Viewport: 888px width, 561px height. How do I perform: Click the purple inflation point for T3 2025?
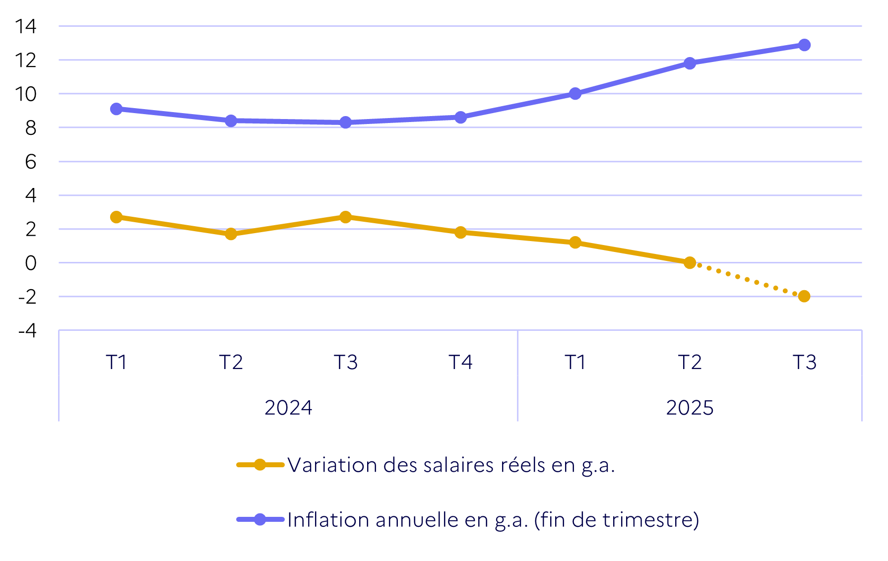[804, 45]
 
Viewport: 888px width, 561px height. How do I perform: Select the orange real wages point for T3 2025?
[804, 296]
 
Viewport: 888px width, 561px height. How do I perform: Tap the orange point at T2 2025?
[690, 262]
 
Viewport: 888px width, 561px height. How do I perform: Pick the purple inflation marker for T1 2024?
[117, 109]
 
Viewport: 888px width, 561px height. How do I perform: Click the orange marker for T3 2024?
[346, 217]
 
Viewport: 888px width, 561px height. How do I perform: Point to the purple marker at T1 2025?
[575, 94]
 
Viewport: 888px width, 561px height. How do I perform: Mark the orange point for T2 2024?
[231, 234]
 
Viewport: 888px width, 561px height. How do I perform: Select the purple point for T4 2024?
[460, 117]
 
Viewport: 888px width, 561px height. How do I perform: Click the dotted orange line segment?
[747, 279]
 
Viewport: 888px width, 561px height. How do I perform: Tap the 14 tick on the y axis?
[25, 26]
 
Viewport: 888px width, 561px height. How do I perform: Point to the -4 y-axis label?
[27, 330]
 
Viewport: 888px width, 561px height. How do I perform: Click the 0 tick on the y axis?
[31, 263]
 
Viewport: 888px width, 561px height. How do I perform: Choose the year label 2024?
[288, 408]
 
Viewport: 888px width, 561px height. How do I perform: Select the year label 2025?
[690, 408]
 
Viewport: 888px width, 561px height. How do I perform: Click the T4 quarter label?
[460, 362]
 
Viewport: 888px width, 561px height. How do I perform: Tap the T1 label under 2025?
[575, 362]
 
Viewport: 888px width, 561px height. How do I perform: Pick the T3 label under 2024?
[346, 362]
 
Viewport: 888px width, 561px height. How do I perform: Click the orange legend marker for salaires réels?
[260, 465]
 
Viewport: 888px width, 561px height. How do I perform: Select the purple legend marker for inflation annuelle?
[260, 519]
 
